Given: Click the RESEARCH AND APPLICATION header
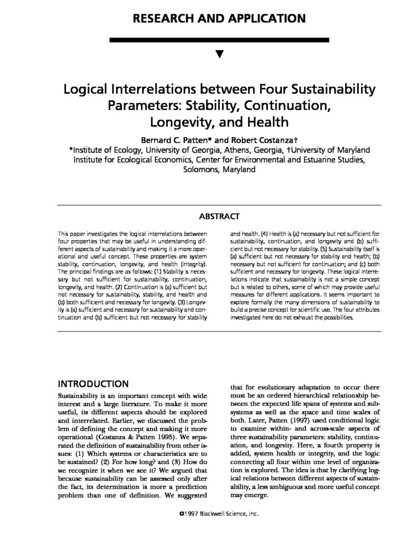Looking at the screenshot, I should tap(219, 18).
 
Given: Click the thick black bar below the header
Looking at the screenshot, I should tap(219, 40).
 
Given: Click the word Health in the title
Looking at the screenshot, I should tap(263, 123).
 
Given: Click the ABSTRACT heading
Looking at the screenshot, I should tap(219, 216).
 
